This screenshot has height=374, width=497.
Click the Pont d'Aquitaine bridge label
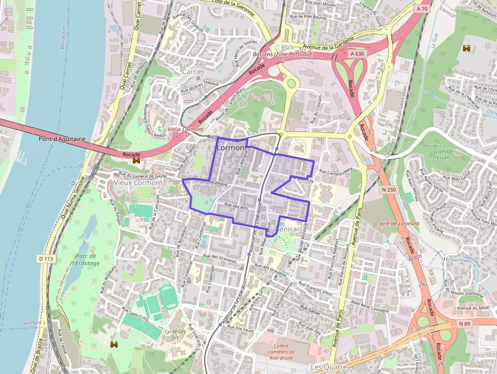coord(62,139)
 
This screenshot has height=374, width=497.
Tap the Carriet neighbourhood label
coord(193,72)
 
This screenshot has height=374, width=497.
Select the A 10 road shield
coord(422,9)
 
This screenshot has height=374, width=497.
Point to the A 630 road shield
coord(358,53)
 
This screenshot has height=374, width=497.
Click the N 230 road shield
coord(387,189)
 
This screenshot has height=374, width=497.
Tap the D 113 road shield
coord(46,259)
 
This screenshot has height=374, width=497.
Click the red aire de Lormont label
coord(400,223)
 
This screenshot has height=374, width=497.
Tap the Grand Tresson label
coord(441,154)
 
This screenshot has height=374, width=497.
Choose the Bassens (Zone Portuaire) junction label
coord(283,54)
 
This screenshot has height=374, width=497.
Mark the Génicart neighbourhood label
coord(287,229)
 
